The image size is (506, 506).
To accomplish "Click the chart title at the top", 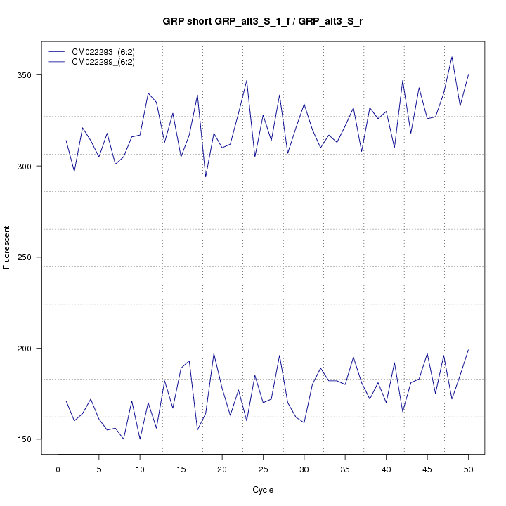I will tap(262, 21).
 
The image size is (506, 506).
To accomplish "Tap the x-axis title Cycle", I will tap(262, 490).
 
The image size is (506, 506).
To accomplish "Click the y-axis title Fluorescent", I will tap(7, 247).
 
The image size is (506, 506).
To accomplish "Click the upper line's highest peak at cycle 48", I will tap(452, 57).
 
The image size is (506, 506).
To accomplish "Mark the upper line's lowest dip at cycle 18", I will tap(206, 176).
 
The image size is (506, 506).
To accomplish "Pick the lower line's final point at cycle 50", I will tap(468, 350).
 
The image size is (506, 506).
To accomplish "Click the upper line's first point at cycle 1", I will tap(66, 141).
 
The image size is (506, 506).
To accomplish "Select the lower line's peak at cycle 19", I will tap(214, 353).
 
